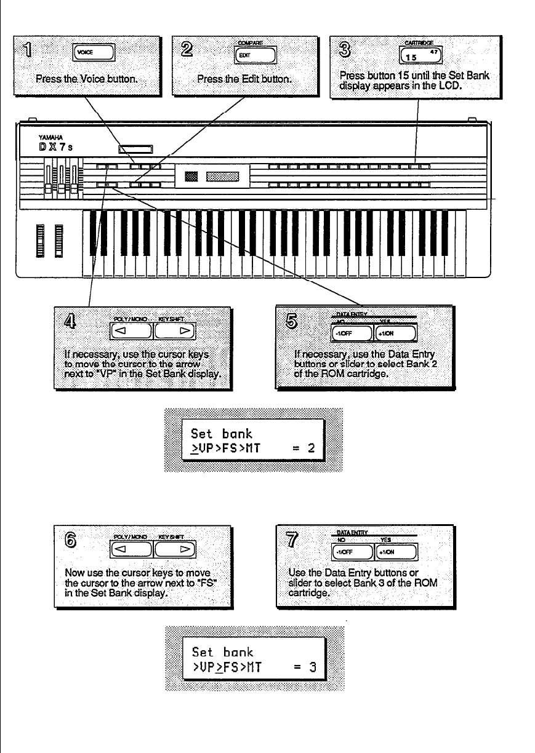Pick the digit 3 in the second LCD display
(x=312, y=667)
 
